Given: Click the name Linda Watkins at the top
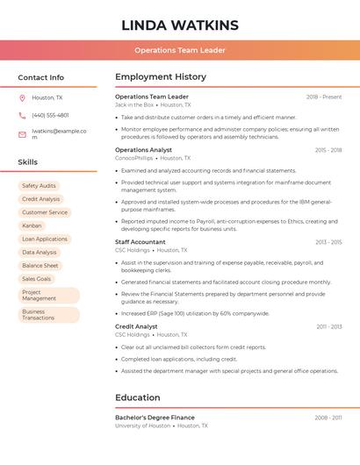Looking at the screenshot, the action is (x=180, y=25).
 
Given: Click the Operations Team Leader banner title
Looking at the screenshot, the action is (x=180, y=50).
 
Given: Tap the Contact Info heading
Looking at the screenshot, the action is (x=41, y=77).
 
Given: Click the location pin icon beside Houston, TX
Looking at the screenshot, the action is (x=22, y=97).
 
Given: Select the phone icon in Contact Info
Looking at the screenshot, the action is (x=22, y=115).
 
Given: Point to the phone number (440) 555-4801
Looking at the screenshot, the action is (x=50, y=115).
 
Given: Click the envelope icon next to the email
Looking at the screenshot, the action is (x=22, y=134).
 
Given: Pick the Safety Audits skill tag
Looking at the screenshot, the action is (x=39, y=186).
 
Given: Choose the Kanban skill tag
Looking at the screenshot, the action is (x=32, y=225).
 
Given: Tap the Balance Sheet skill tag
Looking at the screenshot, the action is (x=40, y=265).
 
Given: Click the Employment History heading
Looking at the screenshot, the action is (x=161, y=77).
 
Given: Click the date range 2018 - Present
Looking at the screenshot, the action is (x=324, y=97).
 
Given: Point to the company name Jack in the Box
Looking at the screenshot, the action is (x=134, y=104).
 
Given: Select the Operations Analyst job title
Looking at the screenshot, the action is (x=143, y=150).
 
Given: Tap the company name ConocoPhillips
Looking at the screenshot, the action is (x=133, y=158).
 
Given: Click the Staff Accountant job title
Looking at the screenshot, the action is (x=140, y=242).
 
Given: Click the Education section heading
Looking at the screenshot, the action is (x=138, y=397).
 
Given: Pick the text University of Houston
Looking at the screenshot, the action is (x=142, y=426).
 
